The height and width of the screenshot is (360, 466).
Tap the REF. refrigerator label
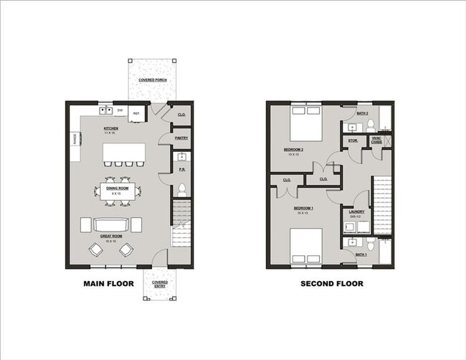(136, 113)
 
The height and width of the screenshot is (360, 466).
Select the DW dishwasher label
(120, 110)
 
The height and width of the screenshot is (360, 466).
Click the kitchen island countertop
(124, 153)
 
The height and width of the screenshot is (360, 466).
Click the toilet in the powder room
(182, 190)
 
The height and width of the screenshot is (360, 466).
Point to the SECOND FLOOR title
(332, 284)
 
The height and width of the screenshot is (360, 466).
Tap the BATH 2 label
(363, 113)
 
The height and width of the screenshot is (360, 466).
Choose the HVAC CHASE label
(376, 141)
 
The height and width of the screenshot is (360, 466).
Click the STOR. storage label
(353, 141)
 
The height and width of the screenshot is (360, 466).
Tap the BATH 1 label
(362, 255)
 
